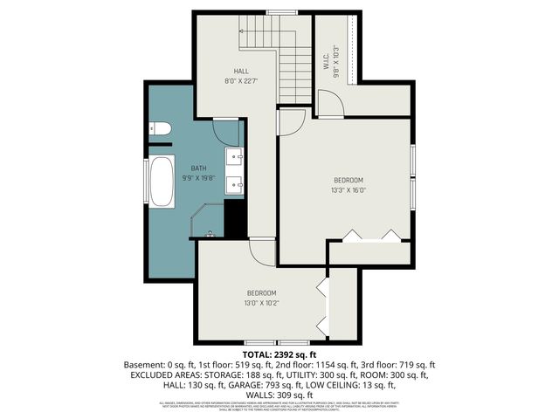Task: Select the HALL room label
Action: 241,71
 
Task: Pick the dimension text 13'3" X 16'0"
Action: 348,189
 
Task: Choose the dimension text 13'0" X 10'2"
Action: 261,303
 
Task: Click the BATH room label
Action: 199,168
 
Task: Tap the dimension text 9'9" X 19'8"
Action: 198,177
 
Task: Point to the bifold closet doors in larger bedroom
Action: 371,234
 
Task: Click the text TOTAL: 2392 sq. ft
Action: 279,354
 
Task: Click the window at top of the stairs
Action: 279,12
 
